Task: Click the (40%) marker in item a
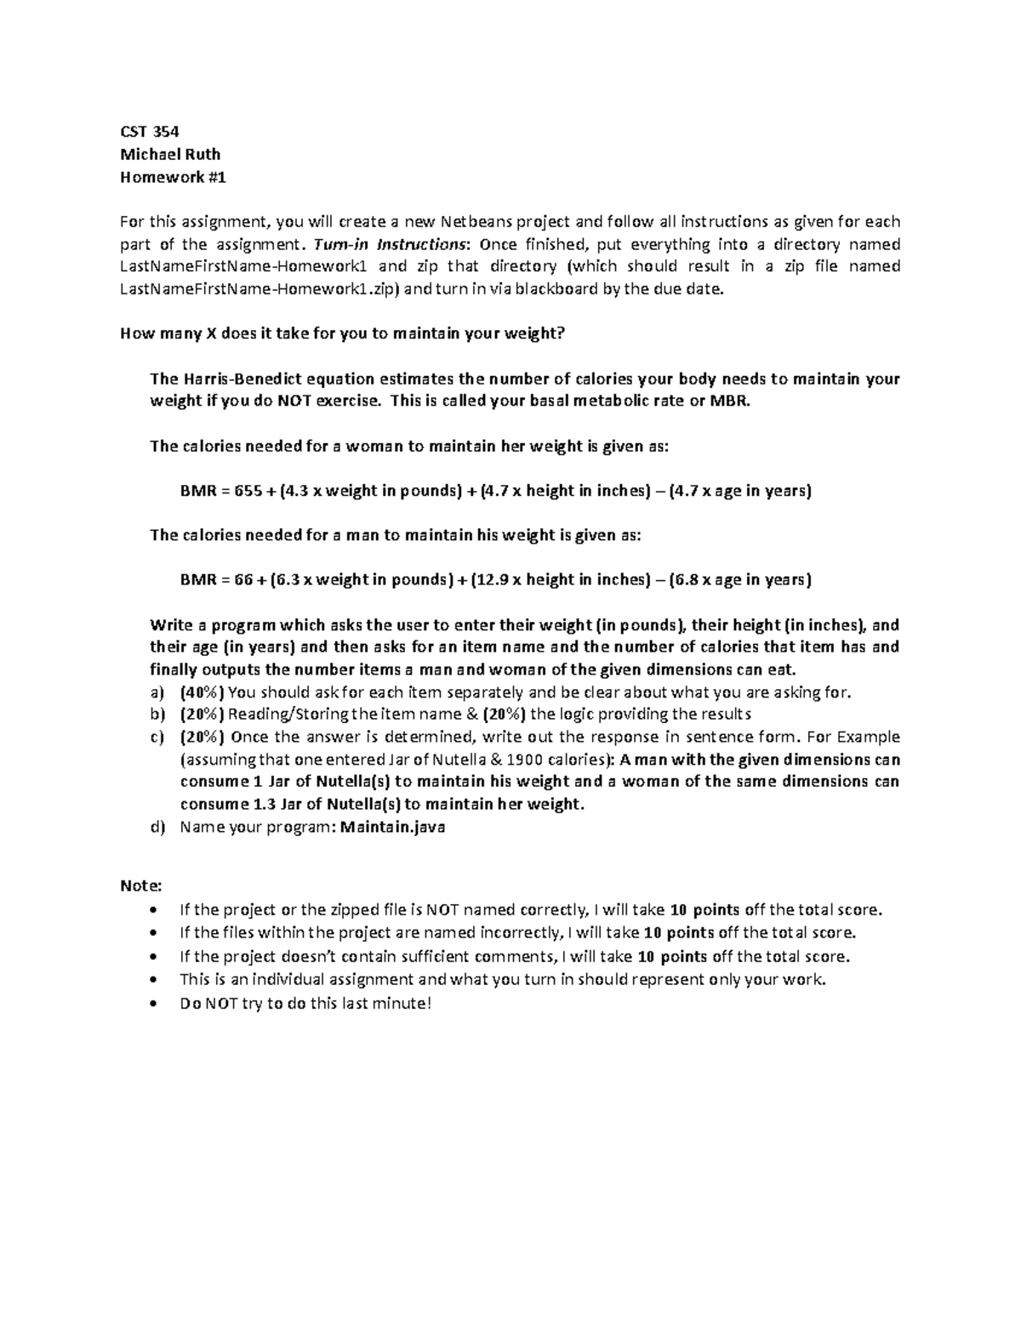click(x=202, y=692)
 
